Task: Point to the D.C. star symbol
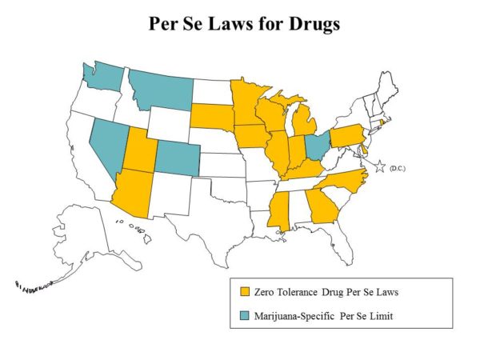[x=381, y=166]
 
